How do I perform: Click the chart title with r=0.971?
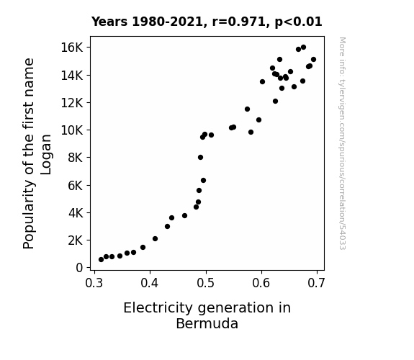207,22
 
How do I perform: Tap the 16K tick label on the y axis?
72,48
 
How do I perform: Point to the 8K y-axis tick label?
76,158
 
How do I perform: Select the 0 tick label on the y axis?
79,268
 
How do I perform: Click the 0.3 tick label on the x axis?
94,283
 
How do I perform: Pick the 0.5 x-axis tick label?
206,283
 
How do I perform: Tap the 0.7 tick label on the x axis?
316,283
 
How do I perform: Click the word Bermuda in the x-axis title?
207,323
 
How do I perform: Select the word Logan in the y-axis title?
46,155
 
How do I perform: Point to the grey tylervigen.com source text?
342,143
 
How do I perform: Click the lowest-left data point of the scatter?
101,260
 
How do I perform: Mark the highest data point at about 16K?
303,47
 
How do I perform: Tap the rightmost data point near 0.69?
314,60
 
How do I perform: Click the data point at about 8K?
200,158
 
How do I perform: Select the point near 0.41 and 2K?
156,239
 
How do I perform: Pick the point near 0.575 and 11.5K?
247,109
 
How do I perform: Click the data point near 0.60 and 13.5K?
263,81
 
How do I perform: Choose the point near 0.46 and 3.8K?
184,215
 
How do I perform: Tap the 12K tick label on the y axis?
72,103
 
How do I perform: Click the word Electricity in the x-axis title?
158,308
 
